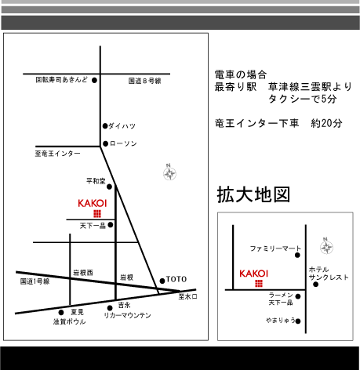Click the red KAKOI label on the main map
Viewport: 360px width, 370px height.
tap(93, 203)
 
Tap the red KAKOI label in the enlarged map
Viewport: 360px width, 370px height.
tap(254, 274)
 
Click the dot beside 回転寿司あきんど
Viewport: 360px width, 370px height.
tap(94, 80)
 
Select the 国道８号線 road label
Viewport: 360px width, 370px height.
tap(144, 81)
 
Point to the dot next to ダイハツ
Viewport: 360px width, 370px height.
tap(105, 126)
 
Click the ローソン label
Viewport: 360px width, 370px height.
tap(123, 143)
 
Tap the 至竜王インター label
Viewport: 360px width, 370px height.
tap(57, 154)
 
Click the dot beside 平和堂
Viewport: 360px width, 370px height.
tap(109, 187)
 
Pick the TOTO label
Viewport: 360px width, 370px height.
tap(176, 279)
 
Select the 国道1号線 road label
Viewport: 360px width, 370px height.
tap(35, 281)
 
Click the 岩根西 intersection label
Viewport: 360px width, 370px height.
tap(83, 273)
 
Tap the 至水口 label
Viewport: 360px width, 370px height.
tap(187, 296)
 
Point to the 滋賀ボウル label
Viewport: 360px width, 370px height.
tap(70, 321)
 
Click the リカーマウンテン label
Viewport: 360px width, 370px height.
tap(127, 315)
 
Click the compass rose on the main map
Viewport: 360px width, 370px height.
tap(169, 173)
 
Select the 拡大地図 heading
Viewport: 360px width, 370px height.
tap(253, 194)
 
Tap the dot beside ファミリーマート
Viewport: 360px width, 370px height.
tap(297, 255)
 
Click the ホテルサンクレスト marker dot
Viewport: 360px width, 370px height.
tap(315, 285)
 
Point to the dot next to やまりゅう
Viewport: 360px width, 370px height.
tap(298, 321)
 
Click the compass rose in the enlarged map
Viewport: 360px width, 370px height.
tap(326, 246)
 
